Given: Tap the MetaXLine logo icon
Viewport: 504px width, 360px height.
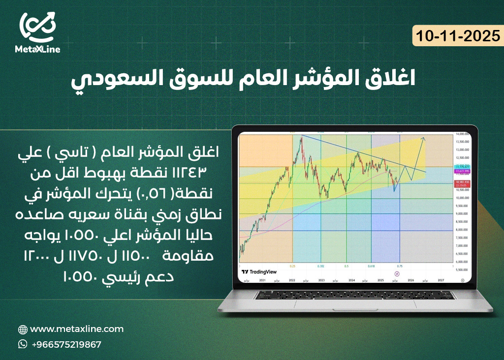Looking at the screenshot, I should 37,28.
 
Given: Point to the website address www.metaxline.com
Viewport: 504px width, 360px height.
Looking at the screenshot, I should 77,329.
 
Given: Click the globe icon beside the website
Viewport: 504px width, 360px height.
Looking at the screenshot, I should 23,330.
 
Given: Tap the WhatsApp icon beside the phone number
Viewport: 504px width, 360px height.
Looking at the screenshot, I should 23,344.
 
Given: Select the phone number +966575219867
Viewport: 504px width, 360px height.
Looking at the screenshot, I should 66,344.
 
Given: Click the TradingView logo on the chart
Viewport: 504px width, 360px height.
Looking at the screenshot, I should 259,271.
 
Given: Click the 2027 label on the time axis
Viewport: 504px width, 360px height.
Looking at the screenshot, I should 441,279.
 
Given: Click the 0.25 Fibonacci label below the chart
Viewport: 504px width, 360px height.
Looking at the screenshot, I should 292,266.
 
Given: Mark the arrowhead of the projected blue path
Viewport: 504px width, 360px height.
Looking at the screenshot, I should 424,138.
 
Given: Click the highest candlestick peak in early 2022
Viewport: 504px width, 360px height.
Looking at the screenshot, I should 300,137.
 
